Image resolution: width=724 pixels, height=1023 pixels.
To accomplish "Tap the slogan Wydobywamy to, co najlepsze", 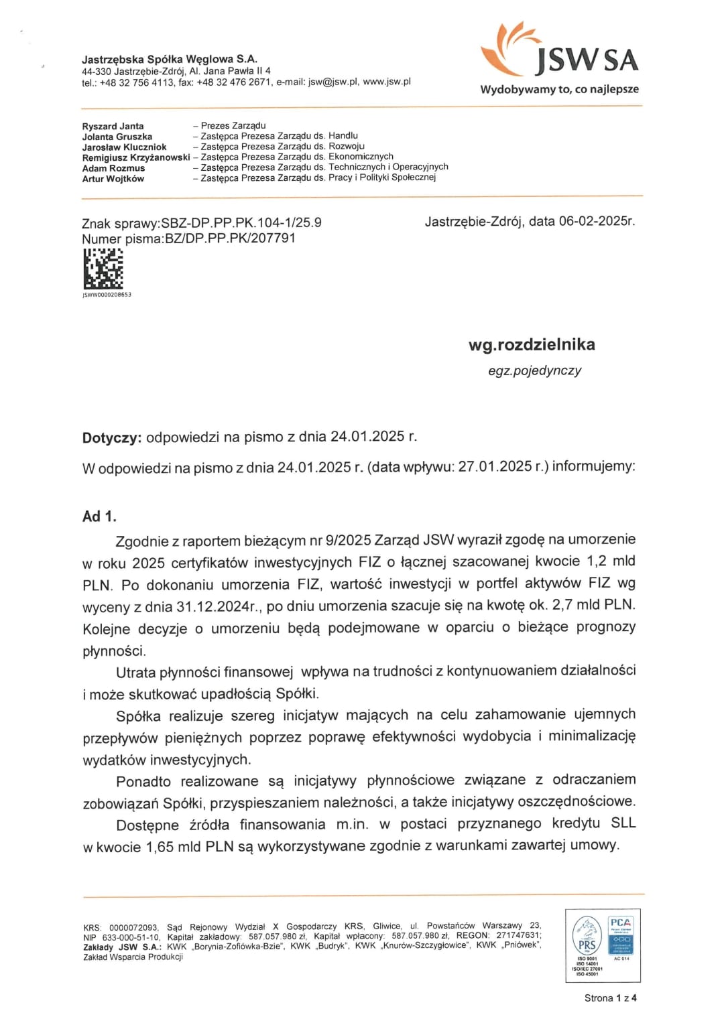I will click(559, 89).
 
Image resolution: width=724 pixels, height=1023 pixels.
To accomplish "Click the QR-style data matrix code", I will click(103, 269).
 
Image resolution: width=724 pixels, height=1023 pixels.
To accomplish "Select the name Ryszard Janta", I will click(113, 126).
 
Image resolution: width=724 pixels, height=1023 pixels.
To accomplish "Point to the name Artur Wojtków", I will click(113, 179).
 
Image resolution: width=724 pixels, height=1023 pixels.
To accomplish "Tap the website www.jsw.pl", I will click(387, 82).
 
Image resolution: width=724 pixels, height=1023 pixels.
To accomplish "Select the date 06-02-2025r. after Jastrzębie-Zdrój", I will click(597, 221).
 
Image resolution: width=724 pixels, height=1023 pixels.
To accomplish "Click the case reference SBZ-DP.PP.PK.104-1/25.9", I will click(241, 223).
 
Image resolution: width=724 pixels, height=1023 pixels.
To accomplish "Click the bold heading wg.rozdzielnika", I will click(532, 344).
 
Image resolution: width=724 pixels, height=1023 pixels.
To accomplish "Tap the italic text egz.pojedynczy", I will click(534, 370).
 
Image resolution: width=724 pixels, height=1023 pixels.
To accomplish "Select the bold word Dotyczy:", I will click(111, 438).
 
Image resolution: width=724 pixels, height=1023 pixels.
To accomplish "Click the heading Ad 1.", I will click(99, 517).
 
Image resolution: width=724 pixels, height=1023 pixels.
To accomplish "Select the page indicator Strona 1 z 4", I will click(610, 998).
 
